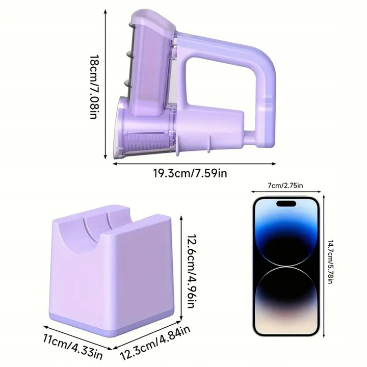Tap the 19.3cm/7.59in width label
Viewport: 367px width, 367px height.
(x=190, y=173)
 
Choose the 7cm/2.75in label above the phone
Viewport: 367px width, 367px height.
(x=285, y=186)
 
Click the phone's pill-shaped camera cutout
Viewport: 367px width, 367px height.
(x=286, y=203)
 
